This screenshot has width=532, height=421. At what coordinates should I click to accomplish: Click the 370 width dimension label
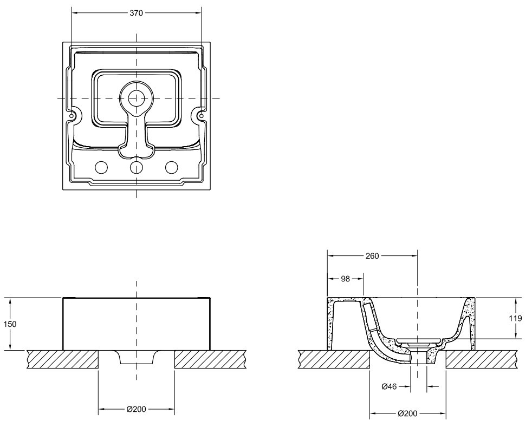point(137,13)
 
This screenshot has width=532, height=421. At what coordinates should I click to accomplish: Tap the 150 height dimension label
point(10,324)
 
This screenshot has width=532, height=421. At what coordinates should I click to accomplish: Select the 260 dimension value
point(372,256)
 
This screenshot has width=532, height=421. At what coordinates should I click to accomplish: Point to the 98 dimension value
point(345,279)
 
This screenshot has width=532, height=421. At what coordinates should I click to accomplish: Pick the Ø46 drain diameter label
point(389,386)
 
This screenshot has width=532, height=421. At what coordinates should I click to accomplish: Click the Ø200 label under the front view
point(137,409)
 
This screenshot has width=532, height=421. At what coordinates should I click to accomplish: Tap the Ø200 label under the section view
point(407,413)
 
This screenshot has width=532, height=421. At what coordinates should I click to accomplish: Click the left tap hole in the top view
point(101,167)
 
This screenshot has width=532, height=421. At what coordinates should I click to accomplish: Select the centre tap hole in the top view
point(137,167)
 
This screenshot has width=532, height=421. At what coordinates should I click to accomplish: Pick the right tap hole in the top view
point(171,167)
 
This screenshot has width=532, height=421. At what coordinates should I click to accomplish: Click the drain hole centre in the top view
point(137,98)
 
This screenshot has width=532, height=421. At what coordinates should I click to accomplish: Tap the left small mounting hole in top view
point(72,116)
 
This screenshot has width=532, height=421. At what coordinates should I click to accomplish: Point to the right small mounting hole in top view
point(201,116)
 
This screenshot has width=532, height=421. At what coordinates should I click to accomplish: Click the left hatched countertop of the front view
point(63,359)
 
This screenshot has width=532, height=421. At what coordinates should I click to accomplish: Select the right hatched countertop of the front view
point(210,359)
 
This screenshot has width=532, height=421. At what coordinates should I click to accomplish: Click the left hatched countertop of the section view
point(334,359)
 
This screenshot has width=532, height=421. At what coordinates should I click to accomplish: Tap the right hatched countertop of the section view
point(482,359)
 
